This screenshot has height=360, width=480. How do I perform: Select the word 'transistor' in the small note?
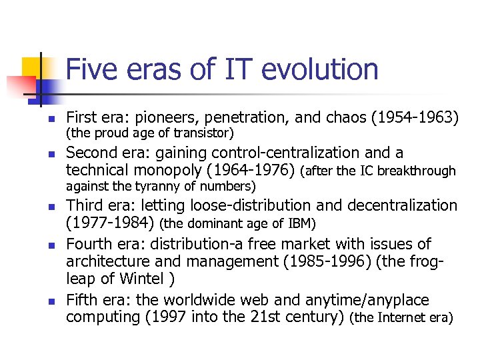pyautogui.click(x=206, y=133)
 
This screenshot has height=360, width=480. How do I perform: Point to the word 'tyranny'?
pyautogui.click(x=157, y=185)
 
